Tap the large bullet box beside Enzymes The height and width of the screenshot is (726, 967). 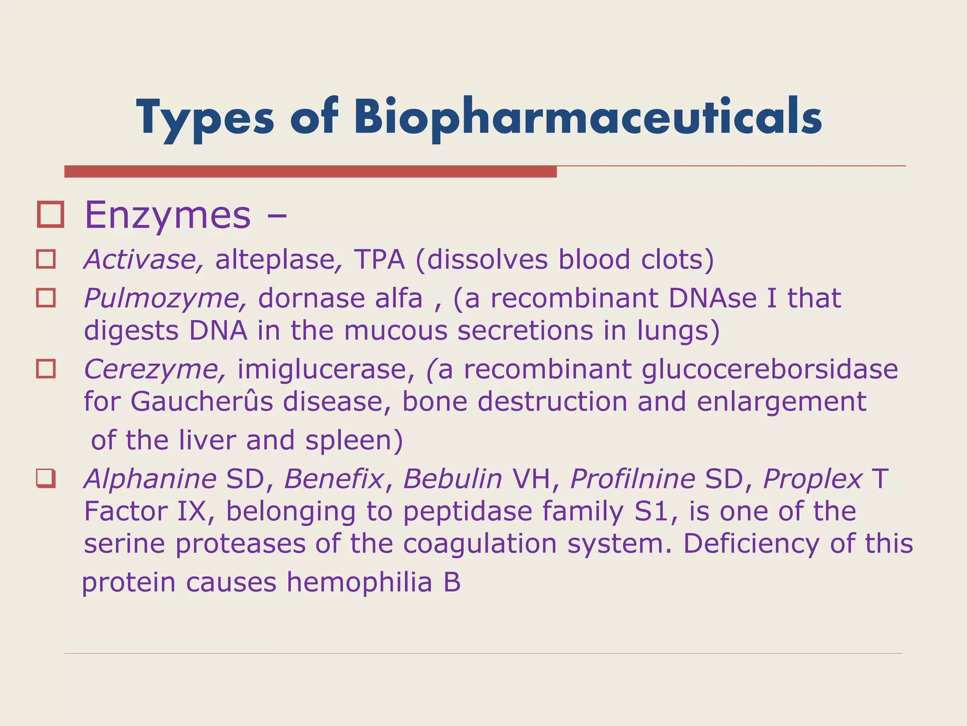point(50,215)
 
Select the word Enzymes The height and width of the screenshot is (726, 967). point(168,216)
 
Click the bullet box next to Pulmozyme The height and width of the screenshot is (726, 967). point(46,298)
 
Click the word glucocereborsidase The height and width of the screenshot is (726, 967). point(769,369)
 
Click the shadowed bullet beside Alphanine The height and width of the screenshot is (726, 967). point(46,478)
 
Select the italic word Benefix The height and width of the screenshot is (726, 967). point(334,478)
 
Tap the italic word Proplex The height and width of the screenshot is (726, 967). point(813,478)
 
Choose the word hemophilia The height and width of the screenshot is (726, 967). point(359,582)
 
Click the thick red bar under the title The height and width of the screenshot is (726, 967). point(310,172)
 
